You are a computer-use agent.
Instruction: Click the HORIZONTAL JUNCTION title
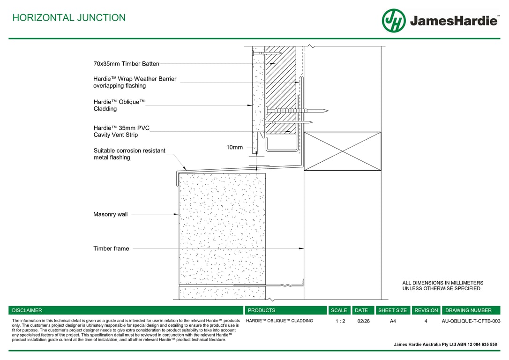pyautogui.click(x=69, y=18)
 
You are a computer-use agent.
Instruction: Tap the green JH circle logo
pyautogui.click(x=393, y=21)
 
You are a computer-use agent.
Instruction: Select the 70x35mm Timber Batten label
pyautogui.click(x=126, y=64)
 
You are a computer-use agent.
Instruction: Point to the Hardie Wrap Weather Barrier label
pyautogui.click(x=135, y=82)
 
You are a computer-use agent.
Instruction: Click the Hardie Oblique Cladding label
pyautogui.click(x=119, y=105)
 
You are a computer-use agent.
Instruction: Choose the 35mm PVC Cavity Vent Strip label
pyautogui.click(x=121, y=131)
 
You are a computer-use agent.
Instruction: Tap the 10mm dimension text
pyautogui.click(x=234, y=147)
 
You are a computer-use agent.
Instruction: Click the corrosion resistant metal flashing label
pyautogui.click(x=129, y=154)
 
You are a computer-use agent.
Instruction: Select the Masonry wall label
pyautogui.click(x=110, y=214)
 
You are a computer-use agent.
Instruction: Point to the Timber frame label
pyautogui.click(x=111, y=248)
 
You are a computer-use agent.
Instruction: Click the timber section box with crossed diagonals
pyautogui.click(x=342, y=151)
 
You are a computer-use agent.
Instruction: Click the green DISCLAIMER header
pyautogui.click(x=27, y=310)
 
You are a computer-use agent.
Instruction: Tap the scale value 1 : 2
pyautogui.click(x=340, y=321)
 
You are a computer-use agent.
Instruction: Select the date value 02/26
pyautogui.click(x=363, y=321)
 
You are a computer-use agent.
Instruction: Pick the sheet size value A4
pyautogui.click(x=393, y=321)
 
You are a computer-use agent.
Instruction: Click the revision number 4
pyautogui.click(x=426, y=321)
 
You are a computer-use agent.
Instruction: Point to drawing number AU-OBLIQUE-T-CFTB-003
pyautogui.click(x=471, y=321)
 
